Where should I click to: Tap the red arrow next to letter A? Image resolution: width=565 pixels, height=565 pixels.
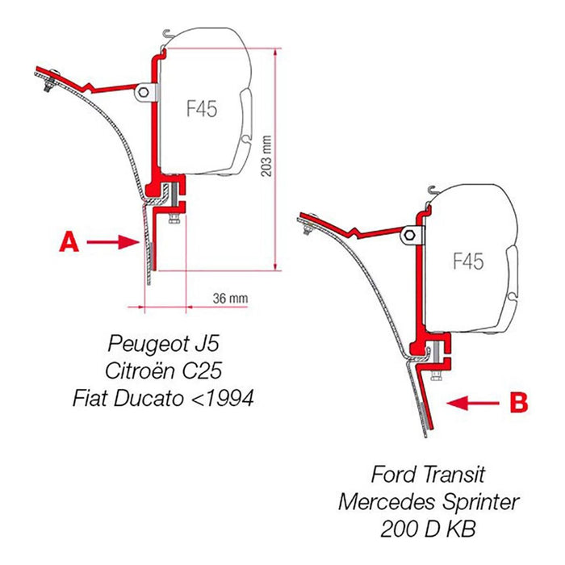pos(110,241)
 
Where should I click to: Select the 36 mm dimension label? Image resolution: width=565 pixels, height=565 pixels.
pos(231,298)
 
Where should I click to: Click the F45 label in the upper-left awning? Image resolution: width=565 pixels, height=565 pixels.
pos(201,110)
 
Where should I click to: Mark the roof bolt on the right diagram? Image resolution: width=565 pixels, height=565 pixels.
pos(309,225)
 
